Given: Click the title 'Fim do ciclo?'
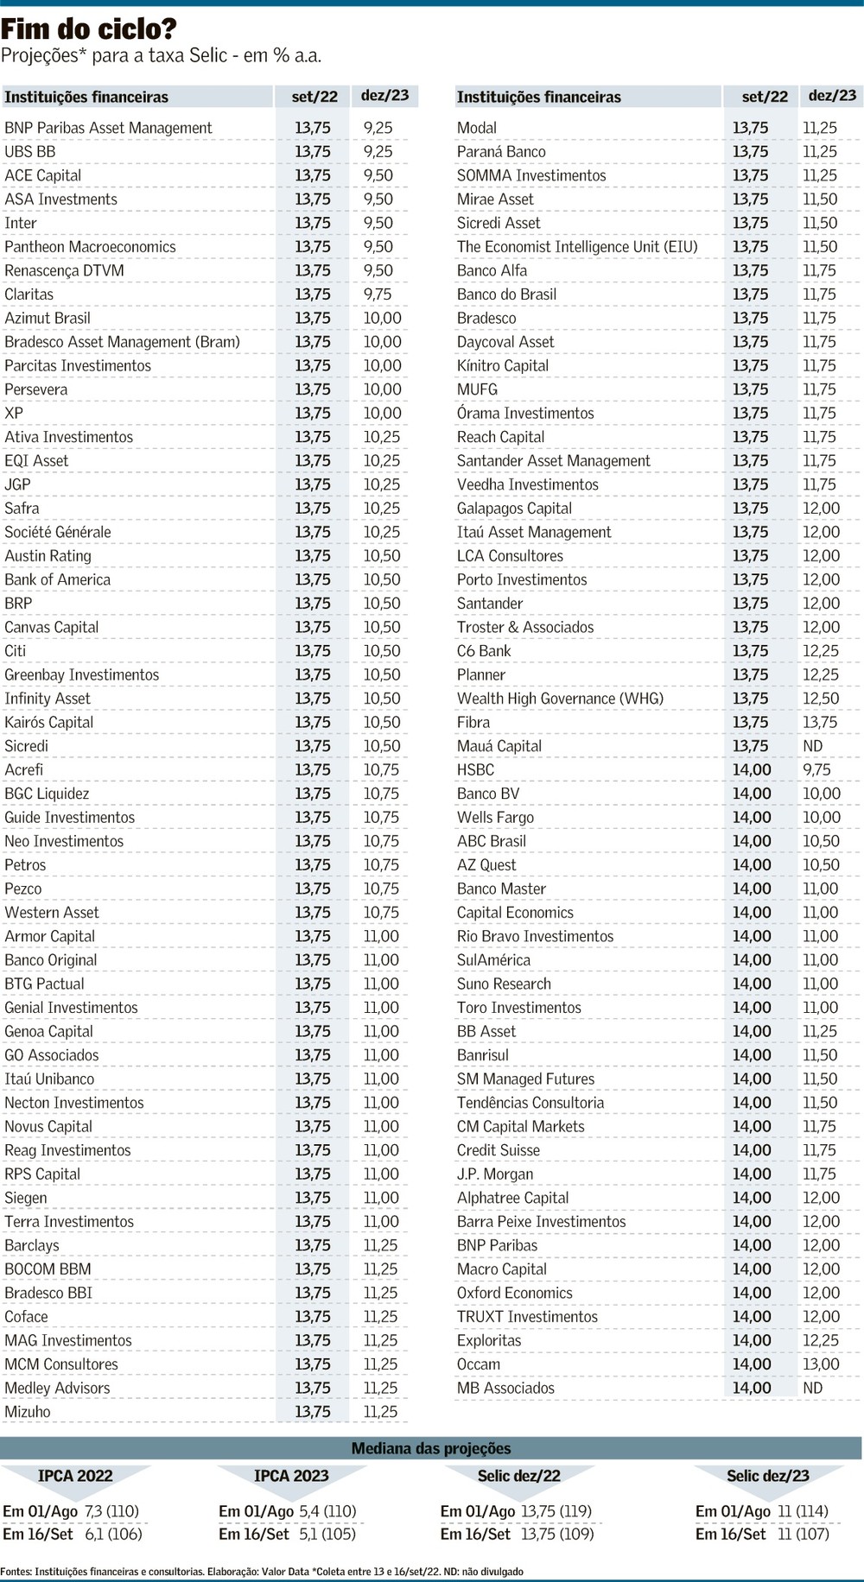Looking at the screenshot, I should (89, 30).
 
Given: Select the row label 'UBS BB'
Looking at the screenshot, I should (30, 151).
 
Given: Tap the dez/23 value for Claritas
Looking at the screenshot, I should (378, 294).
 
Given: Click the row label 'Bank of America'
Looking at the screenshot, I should (58, 579).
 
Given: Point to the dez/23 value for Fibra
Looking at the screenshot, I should (820, 723).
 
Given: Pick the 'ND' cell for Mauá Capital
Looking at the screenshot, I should (813, 746).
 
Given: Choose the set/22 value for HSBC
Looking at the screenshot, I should (751, 770).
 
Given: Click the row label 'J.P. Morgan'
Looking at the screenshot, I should (495, 1174).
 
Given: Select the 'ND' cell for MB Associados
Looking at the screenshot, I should (813, 1388).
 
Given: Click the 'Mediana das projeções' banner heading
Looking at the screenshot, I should (431, 1448).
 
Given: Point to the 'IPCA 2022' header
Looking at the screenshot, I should (75, 1476).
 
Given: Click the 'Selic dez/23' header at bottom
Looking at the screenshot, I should (768, 1476).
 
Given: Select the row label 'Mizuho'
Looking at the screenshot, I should (28, 1412).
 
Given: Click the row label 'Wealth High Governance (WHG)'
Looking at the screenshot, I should (560, 699).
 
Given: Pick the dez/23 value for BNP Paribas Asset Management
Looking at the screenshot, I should (378, 128).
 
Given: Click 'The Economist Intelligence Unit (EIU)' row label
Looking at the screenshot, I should (577, 247).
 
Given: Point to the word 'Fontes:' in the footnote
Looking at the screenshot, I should (16, 1572).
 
